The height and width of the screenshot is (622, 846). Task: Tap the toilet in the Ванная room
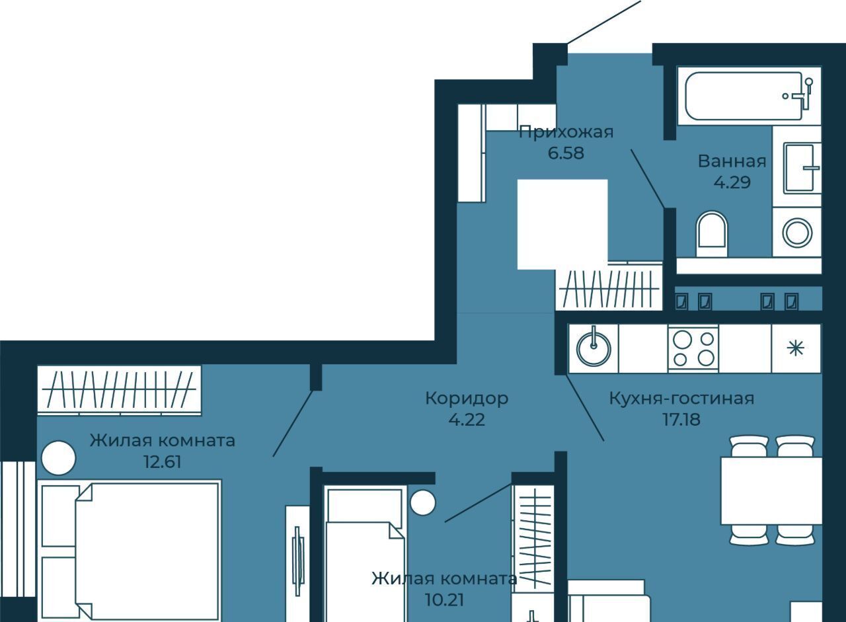(712, 234)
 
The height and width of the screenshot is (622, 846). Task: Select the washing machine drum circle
(797, 232)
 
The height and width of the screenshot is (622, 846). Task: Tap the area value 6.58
(566, 153)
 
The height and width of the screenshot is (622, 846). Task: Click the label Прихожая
(566, 132)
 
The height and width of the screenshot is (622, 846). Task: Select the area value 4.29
(732, 182)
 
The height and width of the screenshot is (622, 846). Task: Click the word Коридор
(467, 399)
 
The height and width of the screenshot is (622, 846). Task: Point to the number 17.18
(681, 419)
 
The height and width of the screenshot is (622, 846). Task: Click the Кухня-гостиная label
(681, 399)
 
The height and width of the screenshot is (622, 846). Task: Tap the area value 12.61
(163, 462)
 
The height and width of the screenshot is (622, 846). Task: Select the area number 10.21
(444, 600)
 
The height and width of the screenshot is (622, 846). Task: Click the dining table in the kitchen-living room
(771, 490)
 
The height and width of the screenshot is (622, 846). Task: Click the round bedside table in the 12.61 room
(58, 457)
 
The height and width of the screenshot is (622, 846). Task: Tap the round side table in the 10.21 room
(423, 502)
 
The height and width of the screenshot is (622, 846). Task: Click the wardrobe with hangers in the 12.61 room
(120, 391)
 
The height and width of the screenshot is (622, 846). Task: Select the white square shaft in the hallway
(562, 224)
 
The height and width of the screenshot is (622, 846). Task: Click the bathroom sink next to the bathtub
(802, 168)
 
